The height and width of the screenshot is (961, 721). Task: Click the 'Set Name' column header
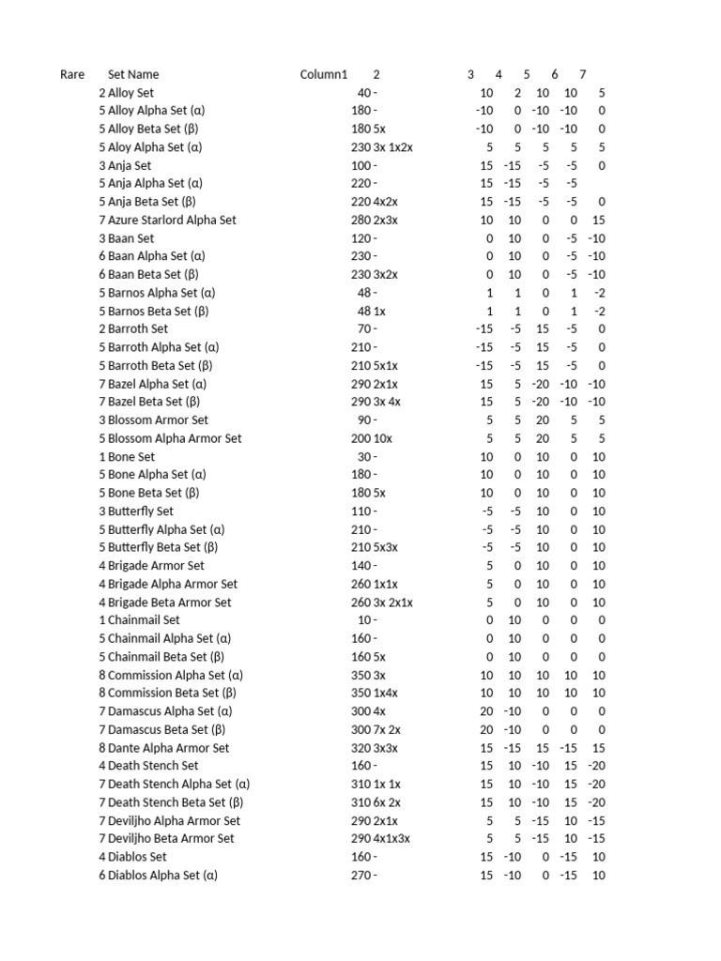(x=133, y=74)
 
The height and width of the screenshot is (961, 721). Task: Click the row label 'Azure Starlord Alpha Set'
(x=172, y=220)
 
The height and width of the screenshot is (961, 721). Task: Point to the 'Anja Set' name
(x=130, y=165)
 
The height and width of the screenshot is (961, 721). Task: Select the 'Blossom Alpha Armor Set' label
(x=175, y=438)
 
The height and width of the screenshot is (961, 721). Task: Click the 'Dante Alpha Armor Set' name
(x=168, y=748)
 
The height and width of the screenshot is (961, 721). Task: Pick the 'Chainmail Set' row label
(x=144, y=620)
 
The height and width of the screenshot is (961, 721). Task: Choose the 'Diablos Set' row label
(x=137, y=857)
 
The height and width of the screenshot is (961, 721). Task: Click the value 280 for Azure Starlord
(x=360, y=220)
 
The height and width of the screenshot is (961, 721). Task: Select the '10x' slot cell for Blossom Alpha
(x=384, y=438)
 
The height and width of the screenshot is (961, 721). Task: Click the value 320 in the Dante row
(x=360, y=748)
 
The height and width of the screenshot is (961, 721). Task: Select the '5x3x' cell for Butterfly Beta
(x=389, y=547)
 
